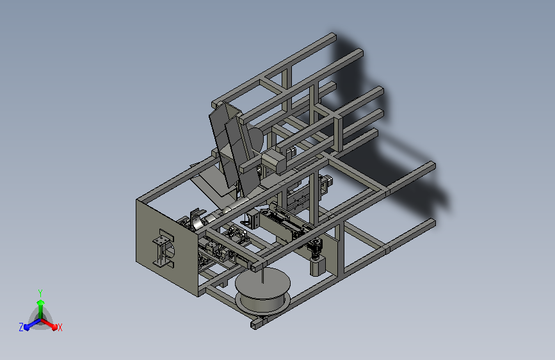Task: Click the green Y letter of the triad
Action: (x=40, y=293)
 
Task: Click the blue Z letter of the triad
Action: (x=21, y=327)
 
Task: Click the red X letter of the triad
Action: (x=60, y=327)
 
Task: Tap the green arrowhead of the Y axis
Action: (x=41, y=302)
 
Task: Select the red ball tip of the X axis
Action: (x=54, y=327)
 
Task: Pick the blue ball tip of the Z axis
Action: (x=27, y=327)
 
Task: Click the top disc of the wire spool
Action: (x=262, y=282)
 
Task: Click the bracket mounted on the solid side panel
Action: (x=163, y=248)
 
